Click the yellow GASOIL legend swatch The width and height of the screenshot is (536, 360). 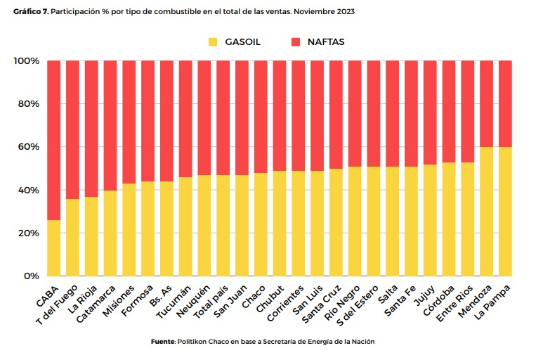click(213, 42)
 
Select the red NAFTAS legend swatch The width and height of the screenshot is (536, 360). click(295, 42)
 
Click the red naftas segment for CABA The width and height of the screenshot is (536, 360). click(54, 141)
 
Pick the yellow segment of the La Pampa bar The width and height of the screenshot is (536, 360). click(505, 211)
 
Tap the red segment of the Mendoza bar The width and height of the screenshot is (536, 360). click(486, 104)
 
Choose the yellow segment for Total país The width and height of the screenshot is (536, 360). click(223, 225)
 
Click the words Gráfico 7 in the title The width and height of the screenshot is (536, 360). click(30, 12)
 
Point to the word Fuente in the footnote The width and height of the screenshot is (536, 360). click(163, 341)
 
